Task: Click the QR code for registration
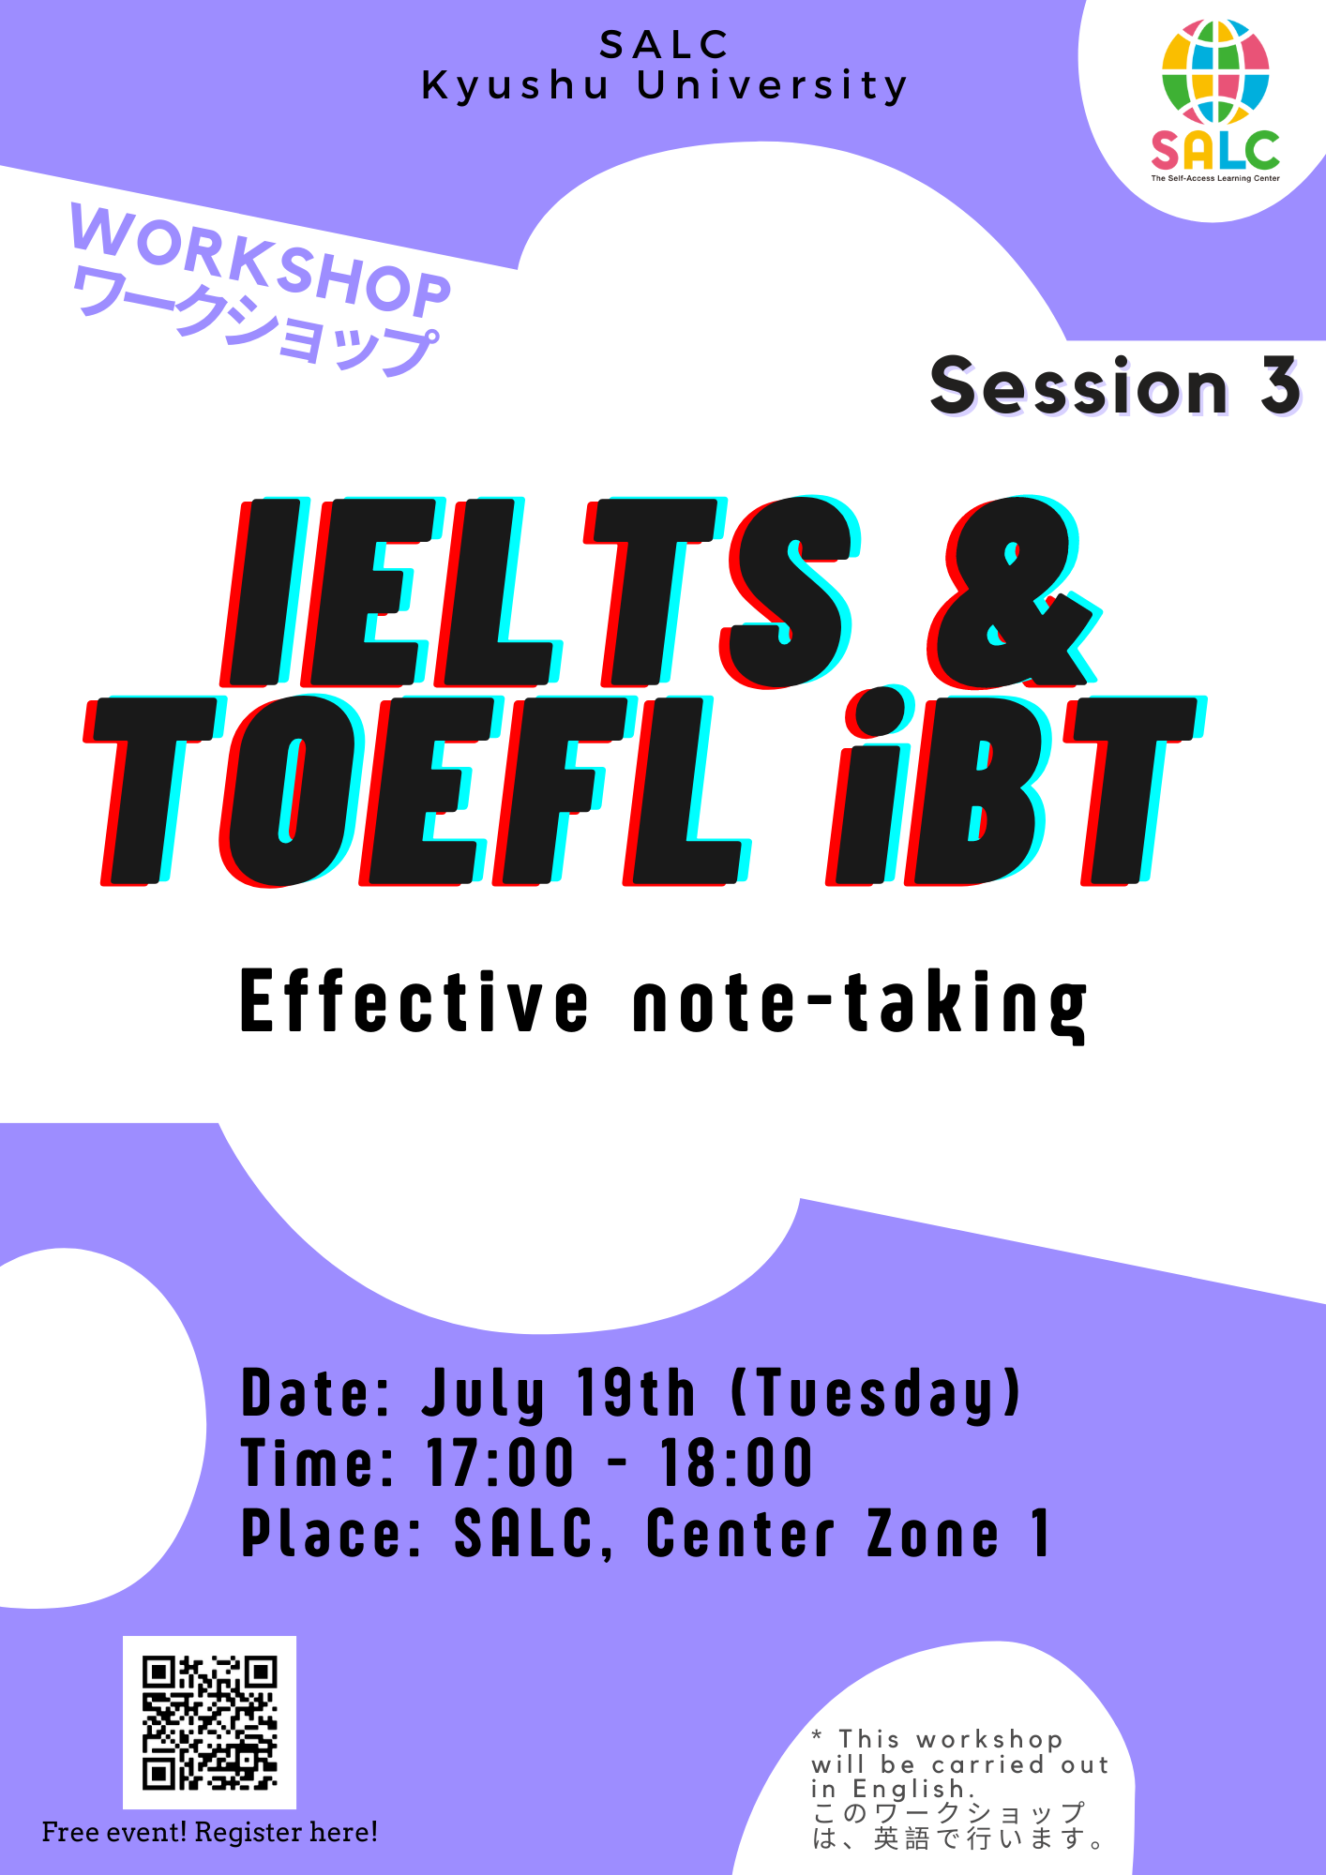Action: point(209,1722)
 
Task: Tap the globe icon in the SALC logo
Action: point(1215,72)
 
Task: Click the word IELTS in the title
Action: point(540,592)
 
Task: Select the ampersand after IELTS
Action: point(1013,592)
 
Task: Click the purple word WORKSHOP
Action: point(261,260)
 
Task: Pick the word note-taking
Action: point(860,1005)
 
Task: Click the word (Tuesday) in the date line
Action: point(875,1394)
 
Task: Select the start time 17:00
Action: point(500,1462)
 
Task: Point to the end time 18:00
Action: point(737,1462)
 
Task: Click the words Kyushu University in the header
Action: point(664,85)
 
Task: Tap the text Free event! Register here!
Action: point(210,1832)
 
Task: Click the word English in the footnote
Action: point(908,1790)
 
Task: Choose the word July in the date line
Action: point(483,1394)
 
